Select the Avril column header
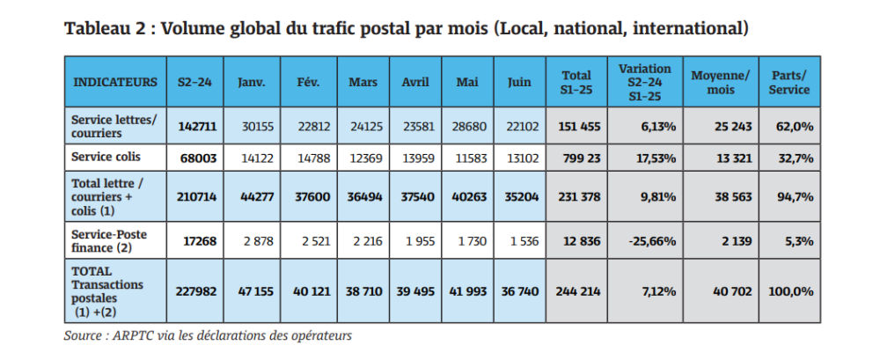(414, 82)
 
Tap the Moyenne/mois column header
(721, 82)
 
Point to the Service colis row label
(107, 158)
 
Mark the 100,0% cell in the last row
(788, 290)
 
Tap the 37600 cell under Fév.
(313, 197)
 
